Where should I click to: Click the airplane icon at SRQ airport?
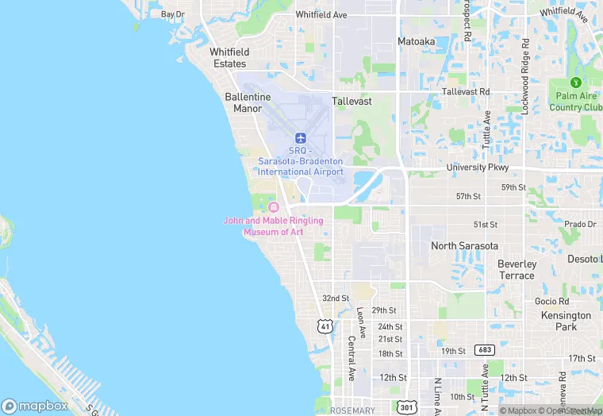click(x=301, y=137)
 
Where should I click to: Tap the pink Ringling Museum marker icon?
click(x=274, y=207)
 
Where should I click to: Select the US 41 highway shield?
click(x=324, y=326)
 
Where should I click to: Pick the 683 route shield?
click(x=485, y=350)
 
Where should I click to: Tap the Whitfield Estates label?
click(x=229, y=57)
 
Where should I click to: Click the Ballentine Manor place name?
click(x=248, y=102)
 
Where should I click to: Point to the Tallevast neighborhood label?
click(x=351, y=102)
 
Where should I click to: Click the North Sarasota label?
click(x=464, y=246)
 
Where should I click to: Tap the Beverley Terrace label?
click(x=517, y=269)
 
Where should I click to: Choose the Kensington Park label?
click(x=567, y=321)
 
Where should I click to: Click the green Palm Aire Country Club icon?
click(x=576, y=83)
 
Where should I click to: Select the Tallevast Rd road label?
click(x=466, y=92)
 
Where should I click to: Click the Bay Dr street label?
click(x=172, y=14)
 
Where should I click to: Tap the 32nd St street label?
click(x=336, y=299)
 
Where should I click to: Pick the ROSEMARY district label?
click(x=352, y=410)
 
